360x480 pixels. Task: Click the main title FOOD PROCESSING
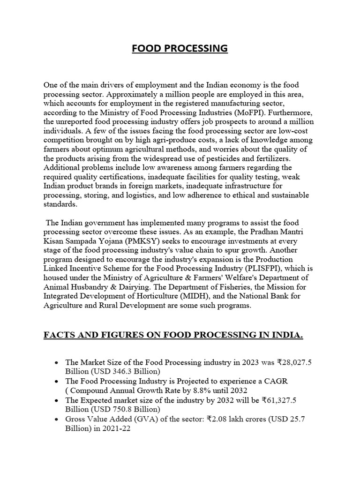(180, 49)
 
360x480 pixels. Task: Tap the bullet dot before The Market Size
(57, 363)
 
